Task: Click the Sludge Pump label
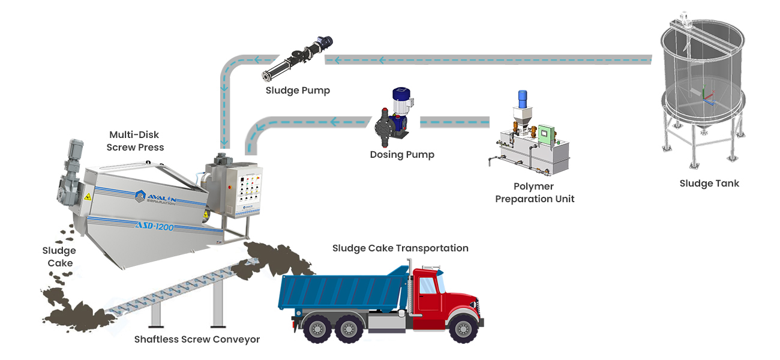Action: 298,91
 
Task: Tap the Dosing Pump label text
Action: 401,155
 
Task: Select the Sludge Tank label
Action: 709,184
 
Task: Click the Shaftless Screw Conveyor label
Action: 197,340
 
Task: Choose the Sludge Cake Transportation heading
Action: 400,248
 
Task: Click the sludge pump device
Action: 297,59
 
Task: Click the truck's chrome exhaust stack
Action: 410,282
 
